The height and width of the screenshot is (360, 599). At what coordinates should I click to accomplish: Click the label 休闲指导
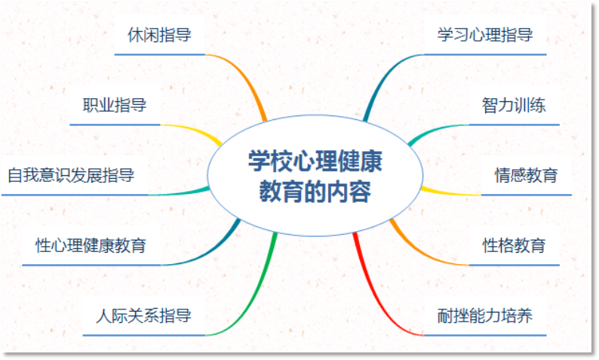(x=159, y=35)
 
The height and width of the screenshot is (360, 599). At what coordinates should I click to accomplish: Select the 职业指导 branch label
(x=115, y=105)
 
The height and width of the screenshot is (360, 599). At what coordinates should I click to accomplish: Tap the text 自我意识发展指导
(x=71, y=176)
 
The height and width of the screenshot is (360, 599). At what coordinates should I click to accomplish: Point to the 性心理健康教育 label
(x=91, y=245)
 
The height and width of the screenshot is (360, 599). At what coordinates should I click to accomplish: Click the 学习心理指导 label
(x=485, y=35)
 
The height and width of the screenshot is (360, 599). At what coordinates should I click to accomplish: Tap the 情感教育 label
(x=526, y=176)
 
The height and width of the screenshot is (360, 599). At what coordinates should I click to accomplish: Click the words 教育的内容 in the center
(x=315, y=191)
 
